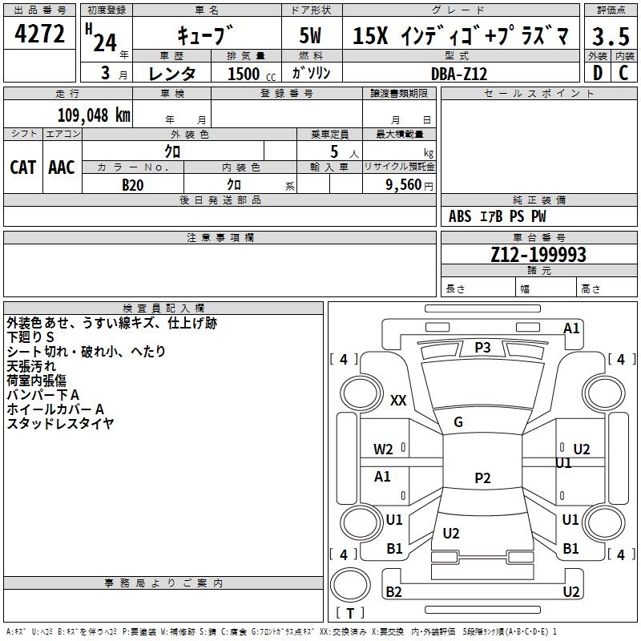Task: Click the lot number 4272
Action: click(39, 34)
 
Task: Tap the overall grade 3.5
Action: click(611, 36)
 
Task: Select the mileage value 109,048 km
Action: click(94, 115)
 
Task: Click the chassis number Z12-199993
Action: click(538, 254)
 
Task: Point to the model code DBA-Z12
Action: click(459, 74)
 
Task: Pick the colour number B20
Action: click(132, 185)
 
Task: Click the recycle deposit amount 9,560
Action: click(404, 185)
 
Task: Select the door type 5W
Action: click(310, 35)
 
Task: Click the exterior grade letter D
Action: click(598, 73)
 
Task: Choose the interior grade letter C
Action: click(623, 73)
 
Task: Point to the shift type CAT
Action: click(22, 167)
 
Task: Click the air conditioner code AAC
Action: click(62, 167)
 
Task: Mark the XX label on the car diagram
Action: click(398, 400)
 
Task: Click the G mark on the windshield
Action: click(458, 422)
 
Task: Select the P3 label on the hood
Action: click(482, 348)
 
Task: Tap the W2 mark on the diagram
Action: click(383, 450)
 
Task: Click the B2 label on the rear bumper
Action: click(393, 591)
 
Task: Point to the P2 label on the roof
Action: click(482, 478)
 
